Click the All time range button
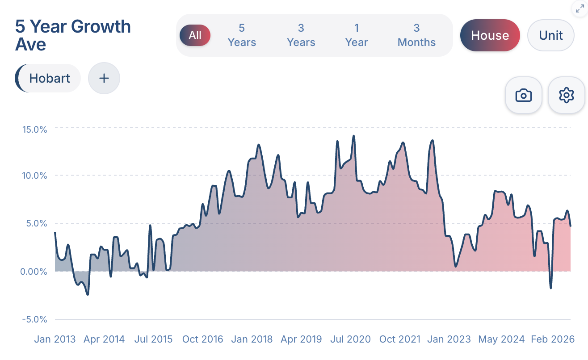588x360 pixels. click(195, 35)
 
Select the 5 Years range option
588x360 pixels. click(242, 35)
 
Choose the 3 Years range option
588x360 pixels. click(301, 35)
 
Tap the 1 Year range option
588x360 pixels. click(357, 35)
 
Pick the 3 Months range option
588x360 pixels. click(416, 35)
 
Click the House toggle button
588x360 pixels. click(490, 35)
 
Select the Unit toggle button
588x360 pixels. click(550, 35)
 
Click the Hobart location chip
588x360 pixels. click(49, 78)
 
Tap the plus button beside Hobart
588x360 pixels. click(104, 78)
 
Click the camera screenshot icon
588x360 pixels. click(523, 95)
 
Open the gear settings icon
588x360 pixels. click(566, 95)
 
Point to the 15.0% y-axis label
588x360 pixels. click(34, 130)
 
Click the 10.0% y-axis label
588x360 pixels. click(34, 176)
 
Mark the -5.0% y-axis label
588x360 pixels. click(34, 319)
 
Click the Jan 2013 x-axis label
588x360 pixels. click(55, 339)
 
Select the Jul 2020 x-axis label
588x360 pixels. click(350, 339)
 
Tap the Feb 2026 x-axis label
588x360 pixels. click(552, 339)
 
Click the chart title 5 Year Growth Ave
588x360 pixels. click(73, 35)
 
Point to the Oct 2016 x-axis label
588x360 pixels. click(202, 339)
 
